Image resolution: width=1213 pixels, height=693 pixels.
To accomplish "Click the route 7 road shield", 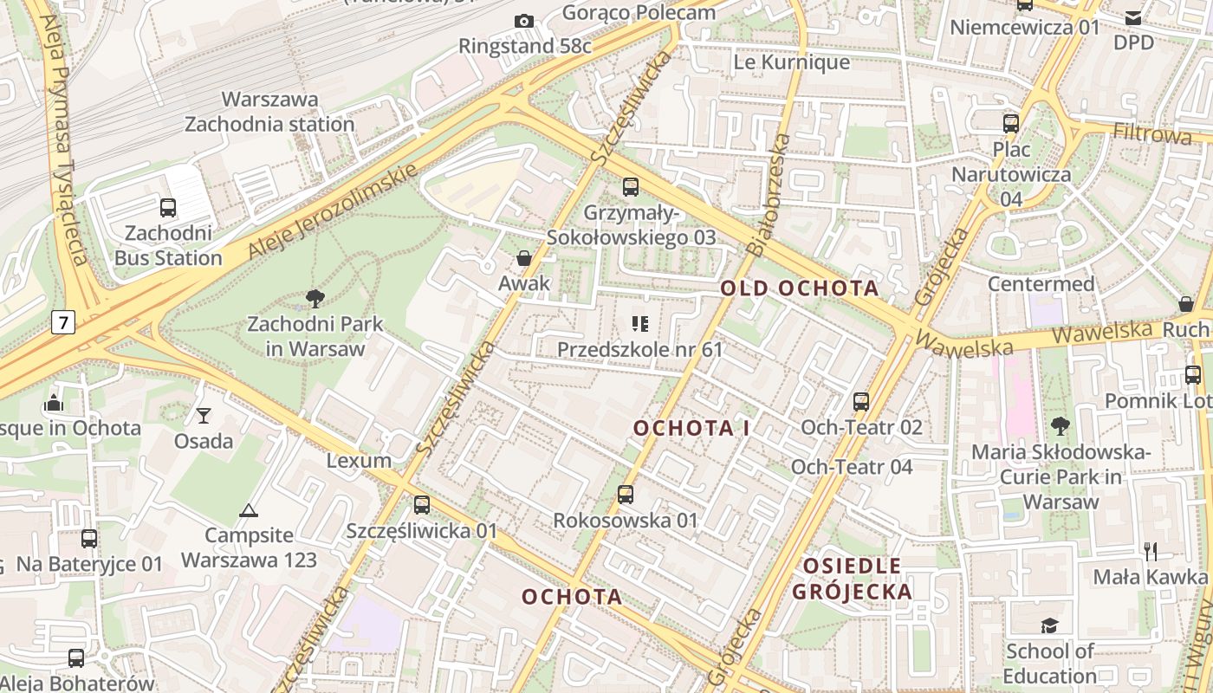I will click(63, 323).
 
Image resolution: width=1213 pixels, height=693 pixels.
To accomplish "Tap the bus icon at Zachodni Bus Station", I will click(168, 208).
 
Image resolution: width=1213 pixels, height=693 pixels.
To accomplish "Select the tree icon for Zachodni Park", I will click(315, 300).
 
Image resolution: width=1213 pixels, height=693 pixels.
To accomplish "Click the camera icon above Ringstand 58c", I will click(523, 21).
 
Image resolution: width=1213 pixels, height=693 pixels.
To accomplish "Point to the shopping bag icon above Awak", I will click(523, 258).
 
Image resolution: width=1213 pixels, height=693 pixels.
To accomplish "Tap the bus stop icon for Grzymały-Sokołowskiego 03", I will click(631, 187).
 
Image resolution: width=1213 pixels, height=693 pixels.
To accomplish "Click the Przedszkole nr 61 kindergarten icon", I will click(640, 324).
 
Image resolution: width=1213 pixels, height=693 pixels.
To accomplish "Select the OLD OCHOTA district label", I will click(800, 288).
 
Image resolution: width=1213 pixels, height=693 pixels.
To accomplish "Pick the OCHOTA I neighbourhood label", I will click(691, 428).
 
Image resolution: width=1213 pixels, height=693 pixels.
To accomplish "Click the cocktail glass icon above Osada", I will click(204, 416).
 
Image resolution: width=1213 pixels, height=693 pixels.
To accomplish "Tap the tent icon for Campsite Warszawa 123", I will click(249, 510).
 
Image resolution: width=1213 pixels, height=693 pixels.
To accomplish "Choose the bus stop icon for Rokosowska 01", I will click(626, 495).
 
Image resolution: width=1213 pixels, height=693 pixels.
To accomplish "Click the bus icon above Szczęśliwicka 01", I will click(422, 505).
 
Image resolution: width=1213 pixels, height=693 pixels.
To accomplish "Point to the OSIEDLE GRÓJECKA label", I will click(853, 579).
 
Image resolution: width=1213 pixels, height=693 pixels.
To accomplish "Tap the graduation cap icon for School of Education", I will click(1050, 625).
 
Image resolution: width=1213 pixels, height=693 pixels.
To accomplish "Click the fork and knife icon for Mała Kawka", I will click(1151, 551).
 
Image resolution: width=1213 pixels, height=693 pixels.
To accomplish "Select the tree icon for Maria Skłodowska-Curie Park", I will click(1060, 425).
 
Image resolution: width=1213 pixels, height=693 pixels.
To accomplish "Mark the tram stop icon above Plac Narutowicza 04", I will click(1011, 123).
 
